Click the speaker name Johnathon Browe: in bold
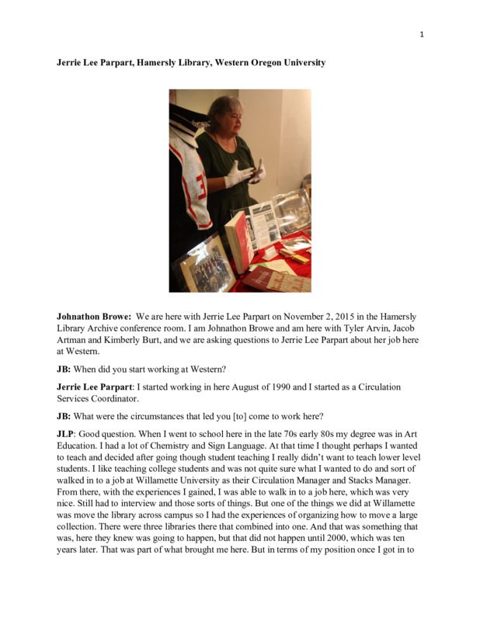click(93, 317)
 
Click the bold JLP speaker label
click(68, 437)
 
